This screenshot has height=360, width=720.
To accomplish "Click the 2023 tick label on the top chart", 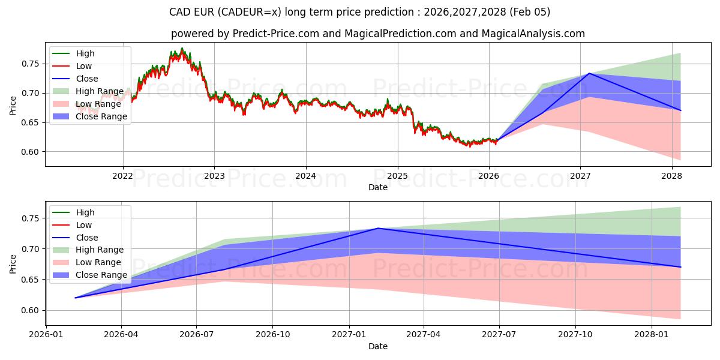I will coord(214,176).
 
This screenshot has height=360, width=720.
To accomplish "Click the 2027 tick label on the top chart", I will coord(580,176).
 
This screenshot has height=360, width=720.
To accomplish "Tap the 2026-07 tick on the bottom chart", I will coord(197,334).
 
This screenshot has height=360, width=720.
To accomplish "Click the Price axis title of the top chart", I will coord(13,105).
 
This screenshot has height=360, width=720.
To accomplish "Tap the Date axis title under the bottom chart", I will coord(378,346).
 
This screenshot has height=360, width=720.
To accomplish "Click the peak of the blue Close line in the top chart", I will coord(589,73).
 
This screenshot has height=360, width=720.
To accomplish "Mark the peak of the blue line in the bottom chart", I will coord(378,228).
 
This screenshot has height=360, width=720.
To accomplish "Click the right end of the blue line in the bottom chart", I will coord(680,267).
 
